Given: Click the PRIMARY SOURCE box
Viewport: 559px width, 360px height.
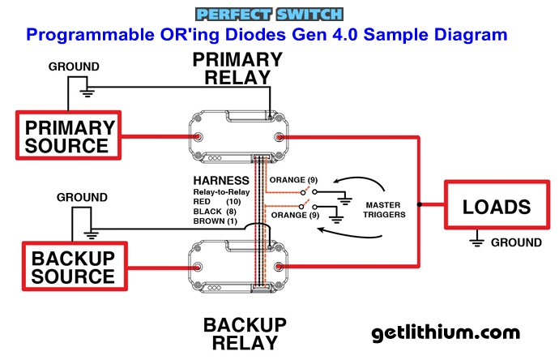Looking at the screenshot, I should point(68,136).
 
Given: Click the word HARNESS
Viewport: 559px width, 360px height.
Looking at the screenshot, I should point(221,179).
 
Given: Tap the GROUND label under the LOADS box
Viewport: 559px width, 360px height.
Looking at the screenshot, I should point(516,242).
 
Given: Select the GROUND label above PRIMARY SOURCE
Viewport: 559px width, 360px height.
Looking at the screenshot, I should point(74,66).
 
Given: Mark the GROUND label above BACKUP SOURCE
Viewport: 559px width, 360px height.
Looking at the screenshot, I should point(82,197).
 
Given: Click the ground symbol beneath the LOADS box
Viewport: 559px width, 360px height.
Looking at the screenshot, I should point(480,240).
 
